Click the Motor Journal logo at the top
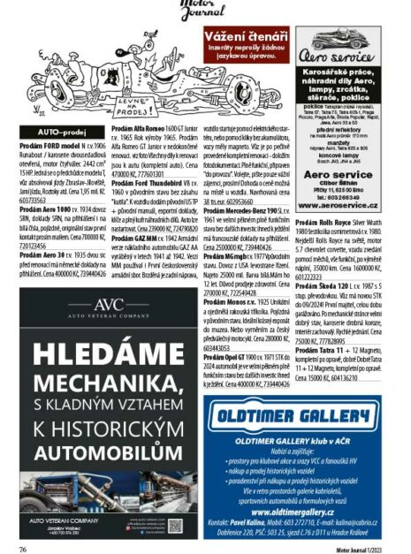[205, 11]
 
